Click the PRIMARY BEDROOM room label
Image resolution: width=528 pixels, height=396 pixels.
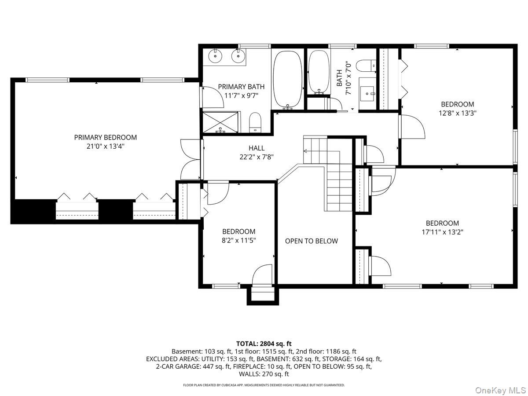105,137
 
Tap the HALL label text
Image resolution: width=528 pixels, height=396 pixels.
257,148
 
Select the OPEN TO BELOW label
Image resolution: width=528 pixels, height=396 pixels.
311,241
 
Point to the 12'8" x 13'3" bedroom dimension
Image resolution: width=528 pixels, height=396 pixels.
458,113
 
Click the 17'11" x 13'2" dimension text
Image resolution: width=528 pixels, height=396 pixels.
442,232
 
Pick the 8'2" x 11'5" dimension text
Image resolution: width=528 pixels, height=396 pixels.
238,240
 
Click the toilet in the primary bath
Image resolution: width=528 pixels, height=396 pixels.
255,122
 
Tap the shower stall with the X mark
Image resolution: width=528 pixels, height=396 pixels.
220,122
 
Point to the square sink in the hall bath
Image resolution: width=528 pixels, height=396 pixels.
367,94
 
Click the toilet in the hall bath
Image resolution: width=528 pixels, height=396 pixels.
366,66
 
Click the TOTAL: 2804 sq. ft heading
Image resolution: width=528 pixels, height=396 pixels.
264,344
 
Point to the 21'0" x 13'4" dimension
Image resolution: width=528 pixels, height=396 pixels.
105,146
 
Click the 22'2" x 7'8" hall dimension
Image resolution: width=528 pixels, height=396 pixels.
257,157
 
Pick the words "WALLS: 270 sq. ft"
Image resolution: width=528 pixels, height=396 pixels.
264,374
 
